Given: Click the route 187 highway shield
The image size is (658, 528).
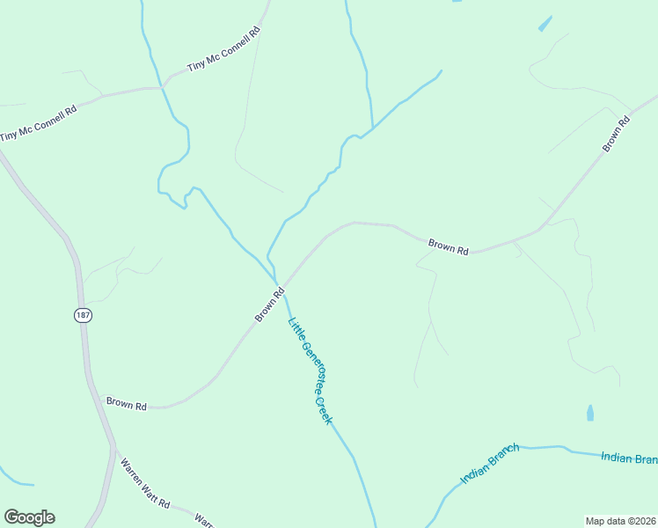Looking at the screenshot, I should pyautogui.click(x=83, y=316).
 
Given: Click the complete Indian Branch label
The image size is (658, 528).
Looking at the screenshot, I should pyautogui.click(x=490, y=464).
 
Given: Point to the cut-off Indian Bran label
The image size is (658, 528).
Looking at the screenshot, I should pyautogui.click(x=628, y=458).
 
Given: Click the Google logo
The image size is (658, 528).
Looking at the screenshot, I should pyautogui.click(x=29, y=517).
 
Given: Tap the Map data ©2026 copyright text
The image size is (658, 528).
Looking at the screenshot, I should pyautogui.click(x=620, y=521).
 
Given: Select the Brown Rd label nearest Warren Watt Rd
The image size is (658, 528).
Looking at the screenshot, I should pyautogui.click(x=127, y=404).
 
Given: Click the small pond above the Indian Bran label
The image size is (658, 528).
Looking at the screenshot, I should pyautogui.click(x=589, y=412).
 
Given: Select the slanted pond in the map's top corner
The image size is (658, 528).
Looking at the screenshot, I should pyautogui.click(x=545, y=24).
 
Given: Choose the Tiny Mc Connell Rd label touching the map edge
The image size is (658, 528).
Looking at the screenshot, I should pyautogui.click(x=39, y=123).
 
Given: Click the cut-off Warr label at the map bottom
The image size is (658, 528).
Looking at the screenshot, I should pyautogui.click(x=204, y=520).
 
